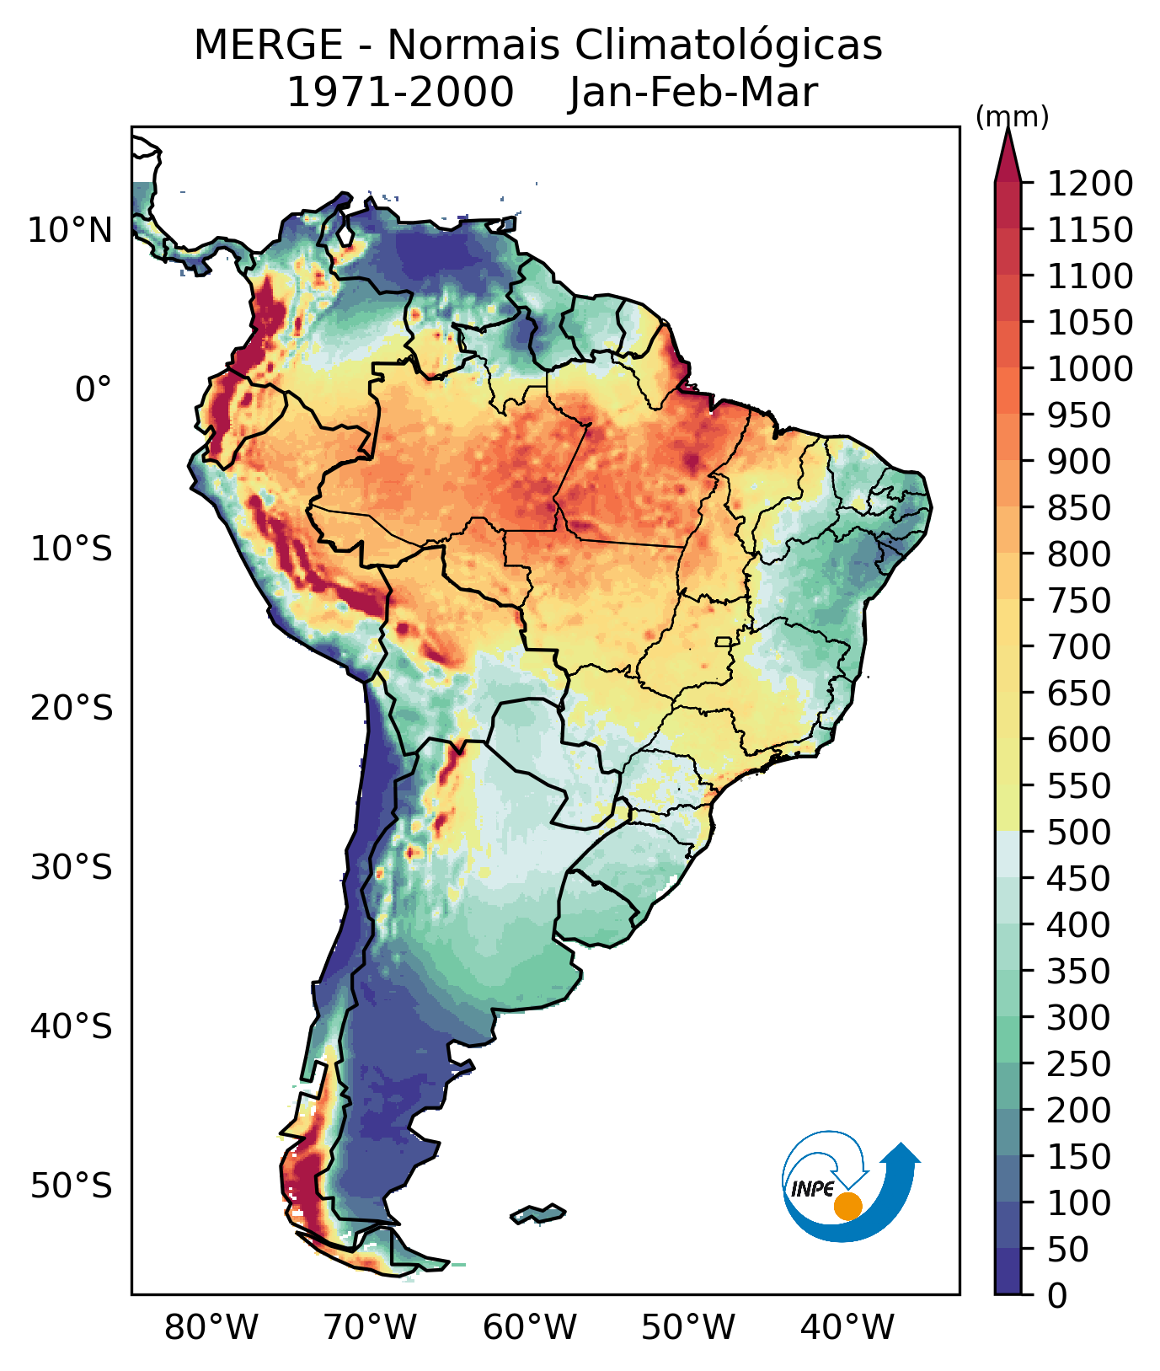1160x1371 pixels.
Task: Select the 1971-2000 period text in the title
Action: click(x=400, y=93)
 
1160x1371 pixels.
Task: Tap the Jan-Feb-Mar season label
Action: click(x=693, y=93)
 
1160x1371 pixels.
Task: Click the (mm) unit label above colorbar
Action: click(x=1012, y=117)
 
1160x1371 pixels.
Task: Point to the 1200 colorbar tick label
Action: click(x=1090, y=183)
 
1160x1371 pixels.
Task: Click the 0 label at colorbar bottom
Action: click(x=1057, y=1295)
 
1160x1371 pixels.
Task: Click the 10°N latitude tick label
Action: click(x=71, y=230)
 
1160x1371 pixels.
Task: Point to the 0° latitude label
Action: click(x=94, y=389)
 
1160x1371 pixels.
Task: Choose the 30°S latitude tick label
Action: click(x=72, y=867)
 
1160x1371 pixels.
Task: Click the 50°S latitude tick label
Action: click(x=72, y=1186)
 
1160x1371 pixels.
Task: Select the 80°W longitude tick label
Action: click(x=211, y=1328)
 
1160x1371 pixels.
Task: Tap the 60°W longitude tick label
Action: click(x=530, y=1328)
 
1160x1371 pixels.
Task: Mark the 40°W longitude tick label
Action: click(x=847, y=1328)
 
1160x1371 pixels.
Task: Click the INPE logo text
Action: click(x=812, y=1189)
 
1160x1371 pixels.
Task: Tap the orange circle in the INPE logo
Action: click(x=847, y=1206)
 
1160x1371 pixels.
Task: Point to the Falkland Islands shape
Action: click(x=537, y=1214)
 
